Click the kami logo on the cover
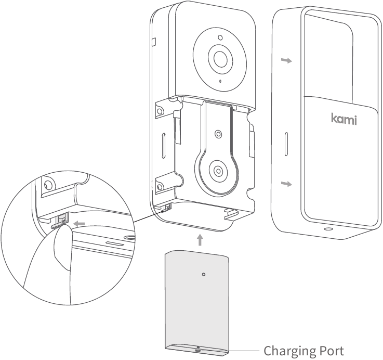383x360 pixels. tap(344, 119)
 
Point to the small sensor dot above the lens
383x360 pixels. tap(220, 38)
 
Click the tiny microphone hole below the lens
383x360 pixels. tap(220, 82)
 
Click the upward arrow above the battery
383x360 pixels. tap(201, 240)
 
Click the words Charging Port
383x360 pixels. tap(303, 351)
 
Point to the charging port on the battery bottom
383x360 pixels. tap(197, 350)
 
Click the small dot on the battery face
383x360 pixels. tap(204, 274)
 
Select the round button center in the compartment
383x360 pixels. tap(218, 170)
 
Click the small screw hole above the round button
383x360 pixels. tap(218, 134)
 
